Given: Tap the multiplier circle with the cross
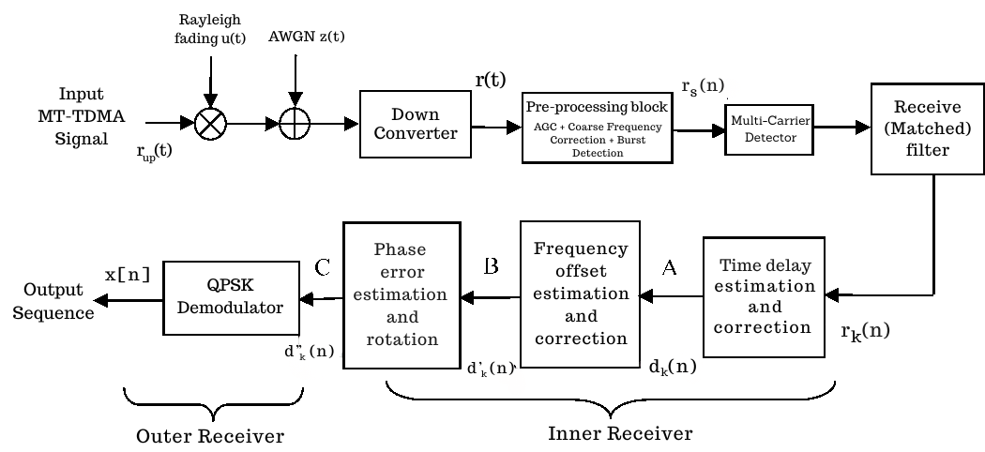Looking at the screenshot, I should [x=211, y=122].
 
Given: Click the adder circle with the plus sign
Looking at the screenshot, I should [x=295, y=123].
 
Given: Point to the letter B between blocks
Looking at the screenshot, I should [x=490, y=267].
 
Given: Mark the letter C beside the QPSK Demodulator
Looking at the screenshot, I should [x=322, y=267].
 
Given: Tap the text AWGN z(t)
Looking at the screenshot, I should [x=295, y=37].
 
